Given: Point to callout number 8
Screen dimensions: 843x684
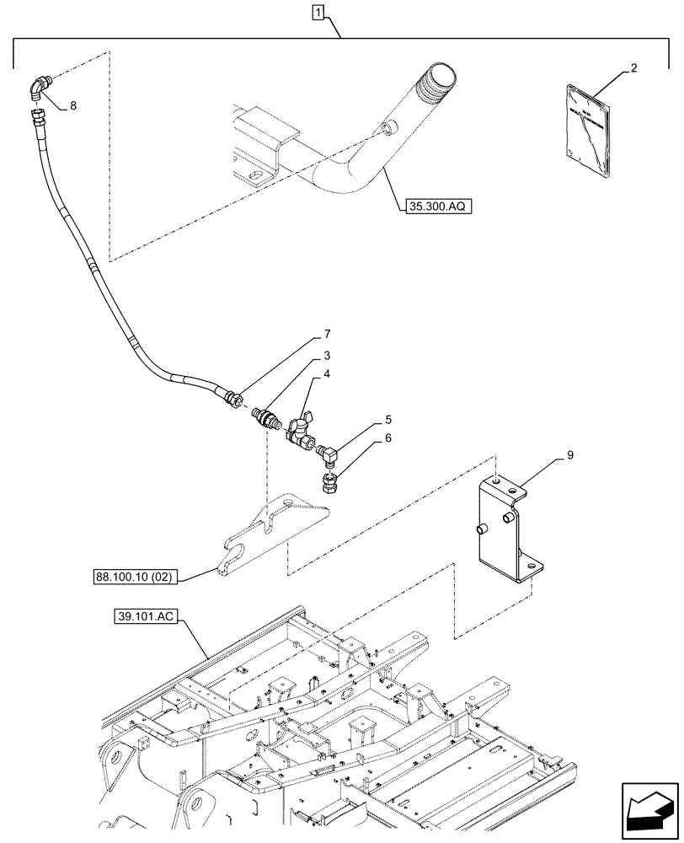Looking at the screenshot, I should [72, 106].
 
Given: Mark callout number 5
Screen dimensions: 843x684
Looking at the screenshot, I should [388, 418].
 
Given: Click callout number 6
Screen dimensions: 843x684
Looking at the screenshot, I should [388, 439].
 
